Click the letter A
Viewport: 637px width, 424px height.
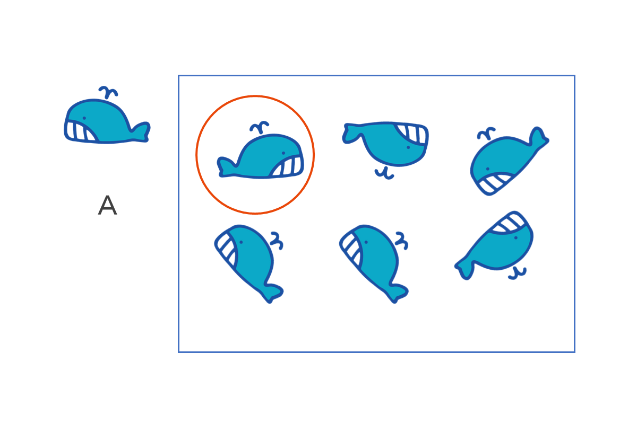(x=107, y=205)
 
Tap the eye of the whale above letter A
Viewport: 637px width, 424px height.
(x=84, y=118)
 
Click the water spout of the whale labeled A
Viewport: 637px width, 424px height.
(x=108, y=92)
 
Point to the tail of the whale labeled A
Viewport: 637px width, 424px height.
(x=140, y=132)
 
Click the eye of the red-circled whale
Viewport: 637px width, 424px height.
(x=283, y=153)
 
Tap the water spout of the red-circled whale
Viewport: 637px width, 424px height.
(x=259, y=127)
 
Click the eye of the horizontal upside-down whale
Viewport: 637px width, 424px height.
(x=408, y=147)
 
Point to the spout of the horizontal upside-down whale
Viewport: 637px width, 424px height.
(x=384, y=173)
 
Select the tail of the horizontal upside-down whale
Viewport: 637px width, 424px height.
(x=352, y=134)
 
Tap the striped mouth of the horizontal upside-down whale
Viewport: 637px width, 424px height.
(x=412, y=134)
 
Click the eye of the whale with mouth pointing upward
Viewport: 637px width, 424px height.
(x=516, y=237)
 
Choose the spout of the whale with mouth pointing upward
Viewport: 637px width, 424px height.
(x=518, y=273)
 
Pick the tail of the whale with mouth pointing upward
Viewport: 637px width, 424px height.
(x=465, y=268)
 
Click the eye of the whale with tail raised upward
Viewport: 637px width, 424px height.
(x=488, y=169)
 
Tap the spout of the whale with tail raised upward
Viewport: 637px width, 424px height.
(x=486, y=134)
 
